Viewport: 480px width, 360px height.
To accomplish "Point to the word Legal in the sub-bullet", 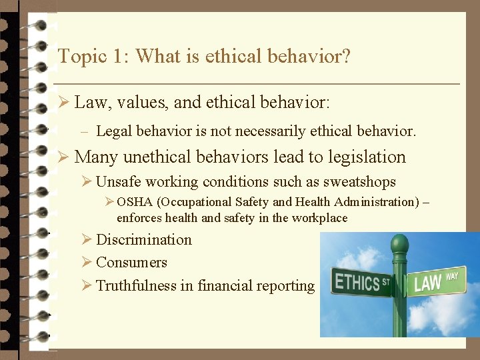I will (x=113, y=132).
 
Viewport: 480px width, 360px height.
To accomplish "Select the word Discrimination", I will (x=144, y=240).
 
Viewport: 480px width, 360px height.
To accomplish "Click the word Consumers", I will (x=131, y=263).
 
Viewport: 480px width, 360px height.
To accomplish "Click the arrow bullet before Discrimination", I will (x=87, y=240).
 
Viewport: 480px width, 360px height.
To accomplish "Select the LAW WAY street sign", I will (x=437, y=281).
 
